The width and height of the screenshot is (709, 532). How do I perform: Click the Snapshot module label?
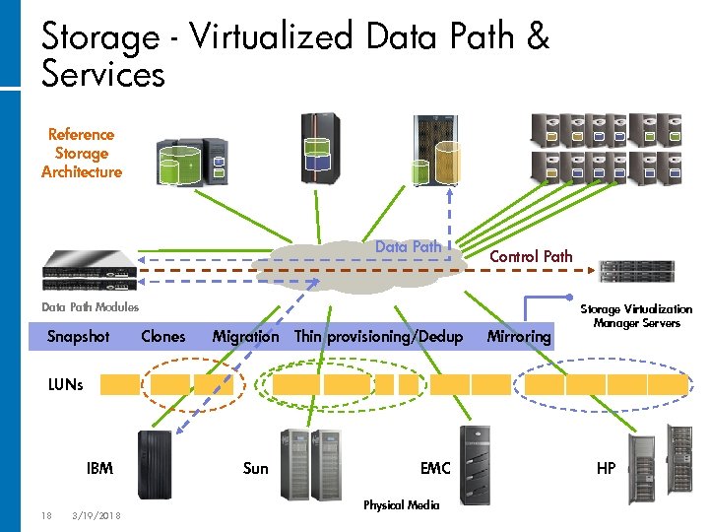(78, 337)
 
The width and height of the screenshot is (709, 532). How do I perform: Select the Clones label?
(162, 337)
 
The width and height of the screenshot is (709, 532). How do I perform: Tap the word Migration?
(245, 337)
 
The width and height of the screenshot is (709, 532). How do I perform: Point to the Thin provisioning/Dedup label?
(379, 337)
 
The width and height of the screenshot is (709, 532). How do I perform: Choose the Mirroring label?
(519, 337)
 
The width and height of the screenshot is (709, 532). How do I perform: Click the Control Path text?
(531, 256)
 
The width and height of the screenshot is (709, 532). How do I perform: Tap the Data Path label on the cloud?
(409, 247)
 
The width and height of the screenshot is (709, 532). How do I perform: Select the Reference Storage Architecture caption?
(82, 153)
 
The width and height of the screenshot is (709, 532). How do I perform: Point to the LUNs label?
(66, 385)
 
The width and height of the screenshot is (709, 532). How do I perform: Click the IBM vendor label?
(99, 468)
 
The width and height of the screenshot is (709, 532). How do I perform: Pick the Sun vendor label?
(255, 468)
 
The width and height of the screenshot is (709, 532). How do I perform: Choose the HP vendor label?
(606, 468)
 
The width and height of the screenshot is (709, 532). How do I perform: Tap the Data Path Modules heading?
(90, 307)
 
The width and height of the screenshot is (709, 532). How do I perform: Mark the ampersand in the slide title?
(538, 36)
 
